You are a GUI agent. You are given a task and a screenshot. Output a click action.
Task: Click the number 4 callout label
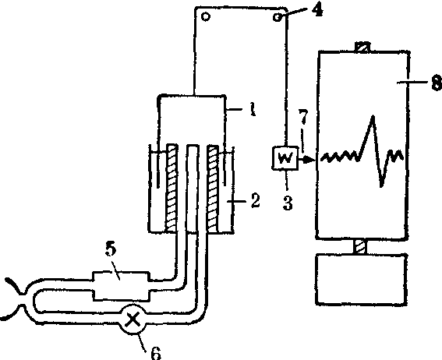[x=317, y=10]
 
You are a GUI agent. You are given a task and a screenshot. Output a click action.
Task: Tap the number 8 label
[x=437, y=83]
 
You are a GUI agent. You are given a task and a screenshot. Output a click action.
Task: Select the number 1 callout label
[x=253, y=109]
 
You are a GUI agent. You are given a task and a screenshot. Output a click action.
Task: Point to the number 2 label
[x=255, y=201]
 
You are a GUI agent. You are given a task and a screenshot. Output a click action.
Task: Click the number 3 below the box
[x=288, y=203]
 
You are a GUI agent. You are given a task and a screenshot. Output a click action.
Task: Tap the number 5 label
[x=111, y=249]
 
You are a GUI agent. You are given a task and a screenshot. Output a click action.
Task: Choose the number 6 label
[x=156, y=352]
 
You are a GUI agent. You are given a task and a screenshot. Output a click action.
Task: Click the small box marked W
[x=285, y=158]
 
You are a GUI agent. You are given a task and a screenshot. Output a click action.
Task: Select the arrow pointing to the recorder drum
[x=306, y=160]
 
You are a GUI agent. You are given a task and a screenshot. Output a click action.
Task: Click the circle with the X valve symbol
[x=133, y=319]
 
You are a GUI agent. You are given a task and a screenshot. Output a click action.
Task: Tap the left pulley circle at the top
[x=206, y=17]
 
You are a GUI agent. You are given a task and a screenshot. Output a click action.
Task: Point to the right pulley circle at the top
[x=278, y=17]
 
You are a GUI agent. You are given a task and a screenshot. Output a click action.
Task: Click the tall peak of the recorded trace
[x=373, y=116]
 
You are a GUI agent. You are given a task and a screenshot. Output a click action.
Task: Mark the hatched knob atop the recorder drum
[x=362, y=47]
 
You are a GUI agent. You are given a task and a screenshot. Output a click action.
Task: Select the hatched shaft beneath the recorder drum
[x=360, y=247]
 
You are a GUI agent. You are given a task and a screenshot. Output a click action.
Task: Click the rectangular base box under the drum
[x=361, y=280]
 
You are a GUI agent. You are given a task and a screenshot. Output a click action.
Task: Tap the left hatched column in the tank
[x=171, y=189]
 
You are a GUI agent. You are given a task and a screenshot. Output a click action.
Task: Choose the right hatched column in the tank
[x=213, y=189]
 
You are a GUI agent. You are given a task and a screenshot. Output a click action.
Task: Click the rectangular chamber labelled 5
[x=121, y=286]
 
